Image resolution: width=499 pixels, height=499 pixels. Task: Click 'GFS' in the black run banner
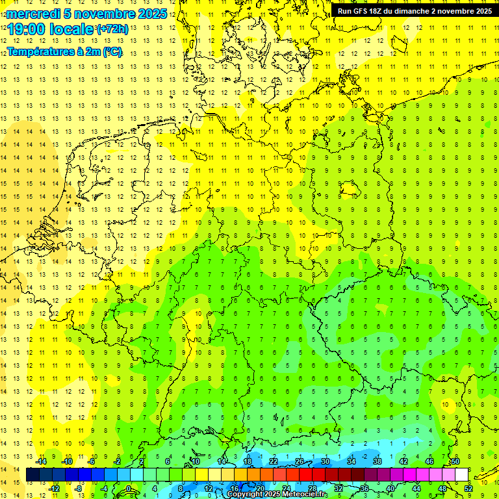pyautogui.click(x=362, y=11)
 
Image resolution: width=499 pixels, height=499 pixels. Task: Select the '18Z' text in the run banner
pyautogui.click(x=379, y=11)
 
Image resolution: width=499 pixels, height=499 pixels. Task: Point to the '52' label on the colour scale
pyautogui.click(x=468, y=488)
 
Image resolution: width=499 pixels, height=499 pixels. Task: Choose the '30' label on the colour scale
pyautogui.click(x=326, y=461)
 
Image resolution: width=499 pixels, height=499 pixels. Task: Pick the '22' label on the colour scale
pyautogui.click(x=274, y=461)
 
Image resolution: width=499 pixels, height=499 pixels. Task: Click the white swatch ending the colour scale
pyautogui.click(x=461, y=474)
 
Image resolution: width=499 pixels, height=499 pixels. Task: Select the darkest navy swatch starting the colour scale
pyautogui.click(x=32, y=474)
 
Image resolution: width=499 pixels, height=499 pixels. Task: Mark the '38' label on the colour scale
pyautogui.click(x=377, y=461)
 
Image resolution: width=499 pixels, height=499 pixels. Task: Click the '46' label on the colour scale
pyautogui.click(x=429, y=461)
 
